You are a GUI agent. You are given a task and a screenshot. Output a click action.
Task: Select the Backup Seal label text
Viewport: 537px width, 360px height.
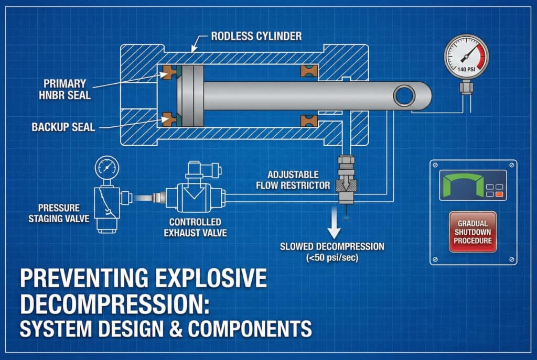(x=63, y=127)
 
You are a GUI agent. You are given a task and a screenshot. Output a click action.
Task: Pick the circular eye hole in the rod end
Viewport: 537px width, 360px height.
(x=405, y=96)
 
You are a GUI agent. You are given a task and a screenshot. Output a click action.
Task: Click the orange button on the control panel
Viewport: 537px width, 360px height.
(x=499, y=194)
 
